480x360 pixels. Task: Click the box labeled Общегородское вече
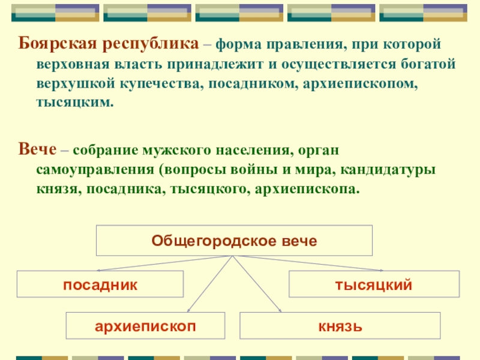coord(234,241)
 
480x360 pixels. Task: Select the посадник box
coord(100,284)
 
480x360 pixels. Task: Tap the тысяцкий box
coord(373,284)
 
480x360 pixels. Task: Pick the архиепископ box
coord(146,326)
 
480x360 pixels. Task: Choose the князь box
coord(340,326)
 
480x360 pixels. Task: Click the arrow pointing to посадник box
coord(162,263)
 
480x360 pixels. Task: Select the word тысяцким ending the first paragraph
coord(74,103)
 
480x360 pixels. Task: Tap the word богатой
coord(428,64)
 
